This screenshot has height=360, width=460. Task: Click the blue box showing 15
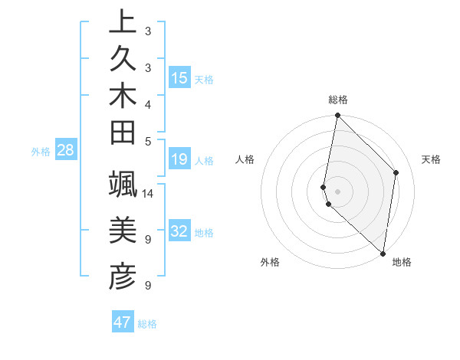(x=179, y=78)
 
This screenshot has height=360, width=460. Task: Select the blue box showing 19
(x=179, y=159)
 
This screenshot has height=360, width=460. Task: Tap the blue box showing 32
(x=179, y=231)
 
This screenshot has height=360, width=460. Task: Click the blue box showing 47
(x=123, y=322)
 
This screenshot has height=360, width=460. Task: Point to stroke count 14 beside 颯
(x=149, y=193)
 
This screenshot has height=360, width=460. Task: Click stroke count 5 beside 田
(x=147, y=140)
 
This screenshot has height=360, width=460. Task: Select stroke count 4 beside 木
(x=147, y=103)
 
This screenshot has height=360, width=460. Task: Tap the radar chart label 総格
(x=338, y=100)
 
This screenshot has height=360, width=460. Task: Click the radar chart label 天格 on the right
(x=431, y=159)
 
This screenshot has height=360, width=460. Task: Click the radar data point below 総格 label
(x=337, y=116)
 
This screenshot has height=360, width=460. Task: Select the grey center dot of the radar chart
(x=337, y=191)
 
